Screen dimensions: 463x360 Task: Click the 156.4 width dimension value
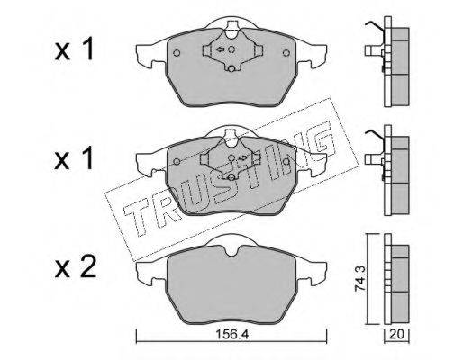tap(232, 334)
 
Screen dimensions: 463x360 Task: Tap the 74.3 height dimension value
tap(359, 278)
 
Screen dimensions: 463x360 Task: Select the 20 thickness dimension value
tap(396, 334)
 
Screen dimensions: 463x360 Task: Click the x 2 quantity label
tap(76, 266)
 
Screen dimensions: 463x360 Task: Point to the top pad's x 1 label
tap(74, 49)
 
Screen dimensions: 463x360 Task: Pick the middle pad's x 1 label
tap(74, 159)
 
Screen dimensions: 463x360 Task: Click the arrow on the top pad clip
tap(220, 49)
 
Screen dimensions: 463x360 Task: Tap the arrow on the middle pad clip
tap(242, 157)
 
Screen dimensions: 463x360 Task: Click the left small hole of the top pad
tap(177, 53)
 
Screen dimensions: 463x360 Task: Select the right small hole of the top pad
tap(286, 53)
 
